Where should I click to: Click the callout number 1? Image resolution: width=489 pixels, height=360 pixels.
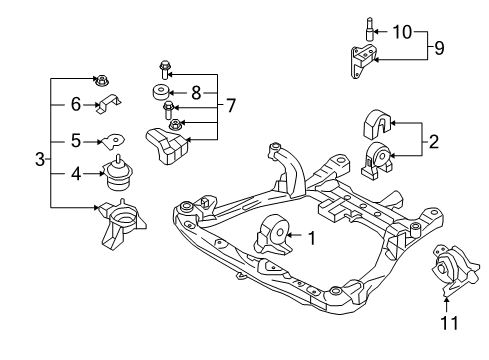(x=311, y=238)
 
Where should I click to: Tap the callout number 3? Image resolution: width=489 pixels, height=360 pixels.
(x=39, y=159)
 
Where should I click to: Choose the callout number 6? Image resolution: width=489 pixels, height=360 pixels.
(x=75, y=104)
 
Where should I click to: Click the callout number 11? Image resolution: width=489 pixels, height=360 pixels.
(x=446, y=322)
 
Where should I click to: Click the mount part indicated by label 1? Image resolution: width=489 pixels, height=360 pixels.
(x=273, y=238)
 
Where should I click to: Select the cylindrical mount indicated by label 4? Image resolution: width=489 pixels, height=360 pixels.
(x=118, y=174)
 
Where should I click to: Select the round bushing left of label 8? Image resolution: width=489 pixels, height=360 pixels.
(x=160, y=94)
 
